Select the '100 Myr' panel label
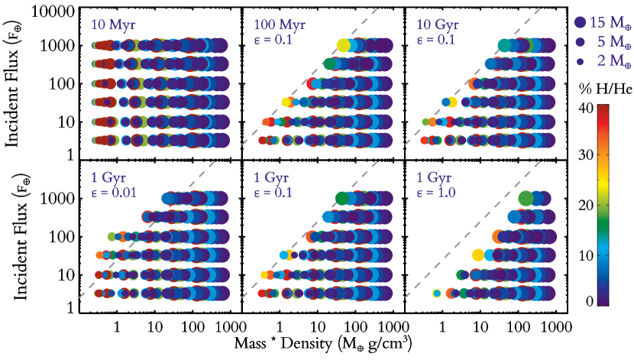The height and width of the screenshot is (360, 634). click(x=279, y=24)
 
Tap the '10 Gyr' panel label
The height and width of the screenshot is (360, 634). click(x=437, y=24)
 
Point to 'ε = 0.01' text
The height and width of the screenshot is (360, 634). click(x=113, y=193)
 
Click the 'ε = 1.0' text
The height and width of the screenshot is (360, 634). click(x=435, y=193)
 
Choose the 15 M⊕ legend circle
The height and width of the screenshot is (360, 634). click(x=580, y=22)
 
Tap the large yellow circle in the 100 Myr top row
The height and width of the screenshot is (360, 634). click(x=343, y=45)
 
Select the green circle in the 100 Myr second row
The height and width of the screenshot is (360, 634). click(x=330, y=63)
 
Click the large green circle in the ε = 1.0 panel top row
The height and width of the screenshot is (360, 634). click(x=526, y=198)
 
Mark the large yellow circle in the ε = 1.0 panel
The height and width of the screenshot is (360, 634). click(x=479, y=255)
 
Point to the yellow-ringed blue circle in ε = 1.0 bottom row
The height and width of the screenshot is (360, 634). click(x=436, y=293)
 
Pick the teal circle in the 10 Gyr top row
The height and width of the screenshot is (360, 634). click(x=504, y=45)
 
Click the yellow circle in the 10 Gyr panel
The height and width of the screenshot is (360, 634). click(x=452, y=102)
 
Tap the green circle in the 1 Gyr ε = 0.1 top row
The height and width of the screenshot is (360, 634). click(x=341, y=198)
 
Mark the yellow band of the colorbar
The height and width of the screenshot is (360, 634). click(x=603, y=184)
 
